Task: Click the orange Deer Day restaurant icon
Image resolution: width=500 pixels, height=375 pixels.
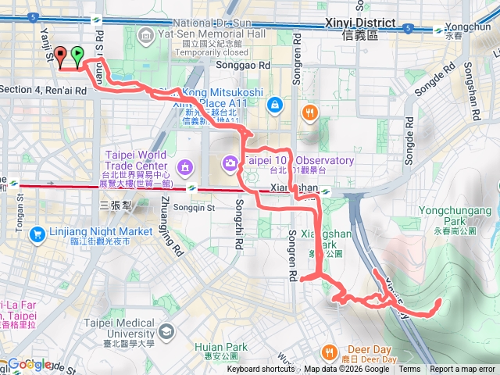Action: [x=331, y=352]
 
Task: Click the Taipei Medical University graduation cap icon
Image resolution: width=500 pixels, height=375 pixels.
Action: [x=166, y=332]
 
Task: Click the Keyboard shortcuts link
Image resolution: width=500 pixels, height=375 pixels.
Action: [x=261, y=370]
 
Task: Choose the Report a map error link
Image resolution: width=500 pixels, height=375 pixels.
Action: [x=462, y=370]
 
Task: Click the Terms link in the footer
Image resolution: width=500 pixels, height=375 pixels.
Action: [x=409, y=370]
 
